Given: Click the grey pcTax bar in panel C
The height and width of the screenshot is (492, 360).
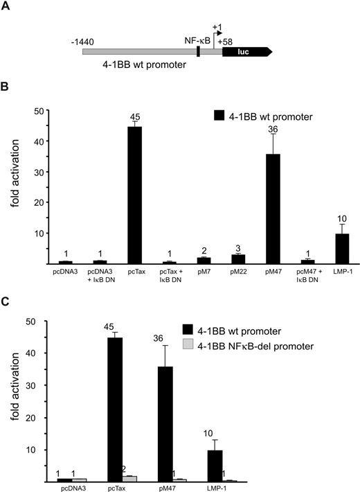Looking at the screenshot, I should click(130, 478).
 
